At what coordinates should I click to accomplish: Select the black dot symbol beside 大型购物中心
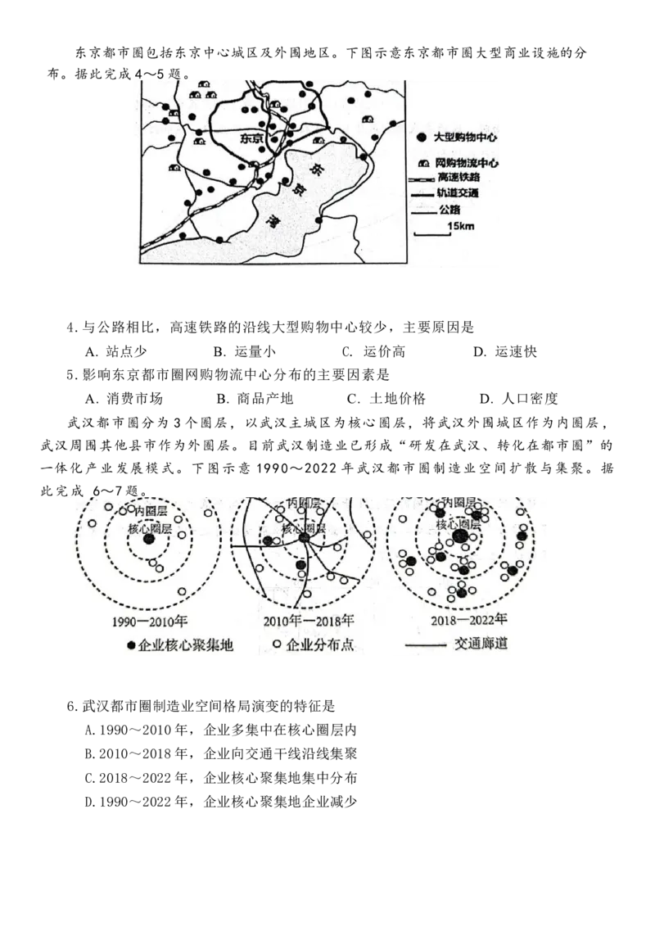point(421,136)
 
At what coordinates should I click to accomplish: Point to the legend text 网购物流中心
point(468,164)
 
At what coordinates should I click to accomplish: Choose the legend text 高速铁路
point(458,178)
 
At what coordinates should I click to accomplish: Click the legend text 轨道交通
point(458,194)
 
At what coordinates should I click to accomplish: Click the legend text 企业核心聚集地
point(186,645)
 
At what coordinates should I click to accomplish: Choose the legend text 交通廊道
point(481,644)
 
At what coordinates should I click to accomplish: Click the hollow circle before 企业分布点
point(276,645)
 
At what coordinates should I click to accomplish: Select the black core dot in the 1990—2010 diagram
point(148,538)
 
